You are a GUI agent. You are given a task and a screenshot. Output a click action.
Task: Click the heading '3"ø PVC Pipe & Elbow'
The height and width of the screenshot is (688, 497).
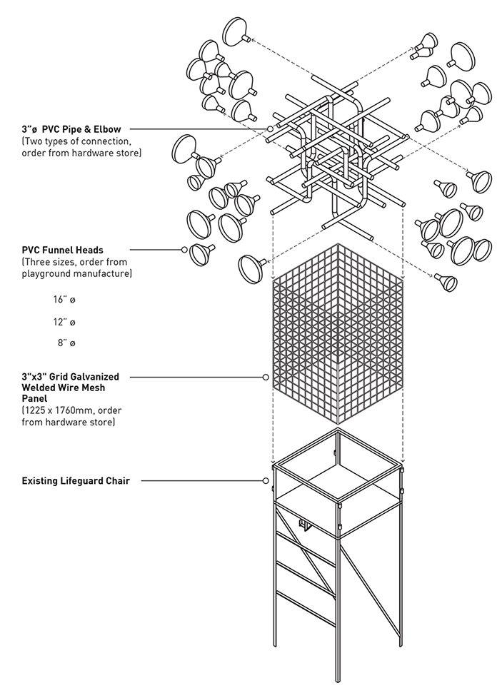pyautogui.click(x=71, y=129)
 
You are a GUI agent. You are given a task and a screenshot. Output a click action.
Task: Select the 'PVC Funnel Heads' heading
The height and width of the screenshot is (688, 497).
pyautogui.click(x=63, y=250)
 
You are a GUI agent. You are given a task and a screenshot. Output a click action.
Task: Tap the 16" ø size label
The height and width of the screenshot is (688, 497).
pyautogui.click(x=64, y=300)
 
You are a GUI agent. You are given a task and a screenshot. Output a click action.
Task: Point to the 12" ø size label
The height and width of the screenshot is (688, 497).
pyautogui.click(x=64, y=322)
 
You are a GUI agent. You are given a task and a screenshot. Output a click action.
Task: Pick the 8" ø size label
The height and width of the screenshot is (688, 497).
pyautogui.click(x=66, y=343)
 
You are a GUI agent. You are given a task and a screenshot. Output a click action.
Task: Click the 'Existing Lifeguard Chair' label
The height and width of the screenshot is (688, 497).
pyautogui.click(x=76, y=481)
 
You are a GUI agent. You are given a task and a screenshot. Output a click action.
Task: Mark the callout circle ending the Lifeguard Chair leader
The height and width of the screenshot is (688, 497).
pyautogui.click(x=266, y=481)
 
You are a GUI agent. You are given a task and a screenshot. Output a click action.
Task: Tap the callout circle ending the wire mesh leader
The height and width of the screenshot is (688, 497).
pyautogui.click(x=266, y=377)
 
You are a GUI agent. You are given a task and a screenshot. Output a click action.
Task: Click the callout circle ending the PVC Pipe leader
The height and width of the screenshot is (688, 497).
pyautogui.click(x=271, y=129)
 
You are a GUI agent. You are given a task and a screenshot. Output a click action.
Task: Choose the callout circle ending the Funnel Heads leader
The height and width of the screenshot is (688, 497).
pyautogui.click(x=184, y=250)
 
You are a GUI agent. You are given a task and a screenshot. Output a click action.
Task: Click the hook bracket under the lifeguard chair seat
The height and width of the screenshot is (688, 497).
pyautogui.click(x=305, y=525)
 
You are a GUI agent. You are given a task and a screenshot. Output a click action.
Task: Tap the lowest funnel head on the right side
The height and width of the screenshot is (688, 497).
pyautogui.click(x=447, y=282)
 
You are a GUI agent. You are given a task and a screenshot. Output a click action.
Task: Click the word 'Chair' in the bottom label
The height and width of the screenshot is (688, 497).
pyautogui.click(x=118, y=481)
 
